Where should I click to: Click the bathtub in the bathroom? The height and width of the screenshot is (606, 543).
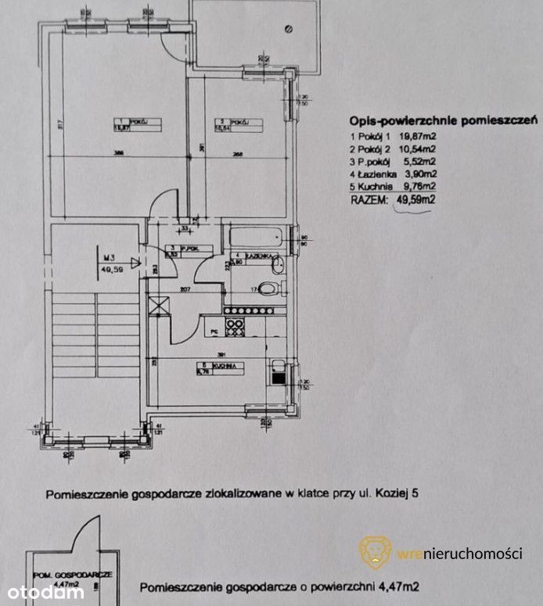(x=256, y=237)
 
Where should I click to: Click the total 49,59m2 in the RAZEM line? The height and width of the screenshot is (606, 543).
(x=415, y=200)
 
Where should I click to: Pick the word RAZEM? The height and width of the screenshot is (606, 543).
(x=369, y=200)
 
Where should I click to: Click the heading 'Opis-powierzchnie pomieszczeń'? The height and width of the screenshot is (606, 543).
(x=441, y=120)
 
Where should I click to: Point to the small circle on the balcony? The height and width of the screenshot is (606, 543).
(x=289, y=29)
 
